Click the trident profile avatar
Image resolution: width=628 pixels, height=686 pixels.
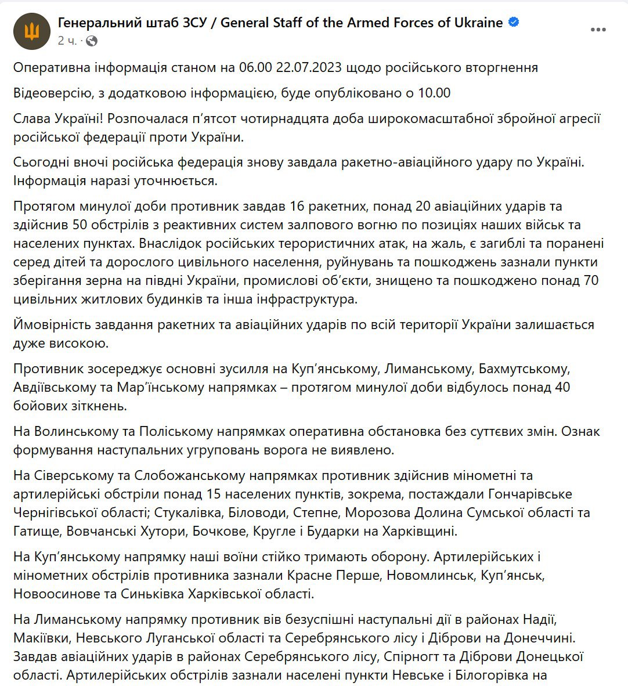point(32,31)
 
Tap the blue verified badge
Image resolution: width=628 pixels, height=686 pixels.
point(514,23)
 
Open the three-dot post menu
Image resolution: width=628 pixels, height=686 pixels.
point(598,30)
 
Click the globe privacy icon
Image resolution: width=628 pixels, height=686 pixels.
point(92,41)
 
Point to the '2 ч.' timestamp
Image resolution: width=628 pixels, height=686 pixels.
point(67,41)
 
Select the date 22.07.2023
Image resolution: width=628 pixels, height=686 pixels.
point(308,68)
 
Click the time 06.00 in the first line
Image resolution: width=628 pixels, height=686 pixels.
point(255,68)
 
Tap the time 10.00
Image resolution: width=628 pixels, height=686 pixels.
point(434,93)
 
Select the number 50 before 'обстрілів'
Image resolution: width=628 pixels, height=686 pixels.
point(81,225)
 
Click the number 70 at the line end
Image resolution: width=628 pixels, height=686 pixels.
point(591,281)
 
